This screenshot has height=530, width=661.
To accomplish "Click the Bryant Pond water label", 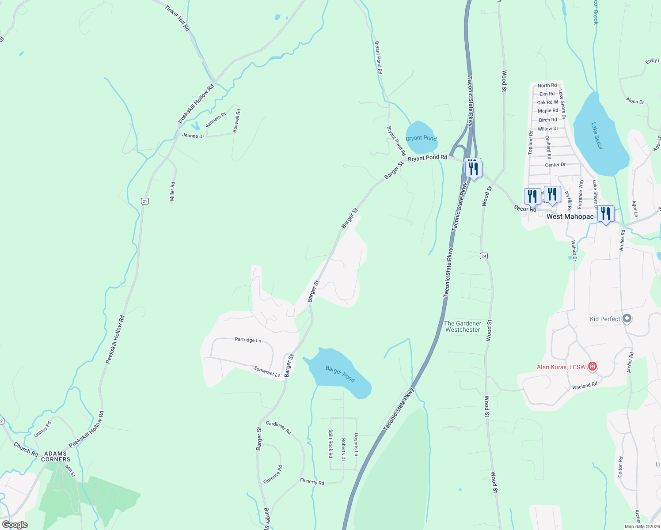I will (x=421, y=138).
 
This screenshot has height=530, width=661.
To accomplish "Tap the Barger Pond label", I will (x=340, y=374).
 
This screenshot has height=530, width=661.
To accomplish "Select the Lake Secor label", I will (x=597, y=136).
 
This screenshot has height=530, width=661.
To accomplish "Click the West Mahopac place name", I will (x=570, y=216).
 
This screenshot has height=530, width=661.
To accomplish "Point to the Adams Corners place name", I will (x=56, y=456).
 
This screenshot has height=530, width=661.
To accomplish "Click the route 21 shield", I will (x=145, y=201).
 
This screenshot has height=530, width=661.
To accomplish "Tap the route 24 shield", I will (x=484, y=256).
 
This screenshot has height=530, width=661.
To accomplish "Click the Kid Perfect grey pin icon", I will (x=627, y=318).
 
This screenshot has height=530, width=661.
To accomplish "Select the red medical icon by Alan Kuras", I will (x=593, y=367).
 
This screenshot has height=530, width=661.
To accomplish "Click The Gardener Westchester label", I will (x=462, y=326).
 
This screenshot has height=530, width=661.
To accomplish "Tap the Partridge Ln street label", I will (x=248, y=340).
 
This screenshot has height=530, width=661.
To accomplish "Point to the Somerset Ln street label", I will (x=267, y=371).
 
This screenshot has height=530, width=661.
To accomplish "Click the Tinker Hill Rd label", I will (x=178, y=18).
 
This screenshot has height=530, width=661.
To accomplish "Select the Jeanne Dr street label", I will (x=193, y=136).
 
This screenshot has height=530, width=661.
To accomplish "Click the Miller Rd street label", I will (x=172, y=192).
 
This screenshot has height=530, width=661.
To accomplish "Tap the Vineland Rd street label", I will (x=585, y=386).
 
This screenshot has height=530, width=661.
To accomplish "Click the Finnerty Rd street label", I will (x=312, y=482).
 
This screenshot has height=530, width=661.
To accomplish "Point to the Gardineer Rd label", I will (x=278, y=427).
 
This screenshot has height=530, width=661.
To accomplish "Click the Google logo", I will (x=15, y=525).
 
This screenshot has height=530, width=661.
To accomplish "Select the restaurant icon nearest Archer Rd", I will (x=606, y=214).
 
